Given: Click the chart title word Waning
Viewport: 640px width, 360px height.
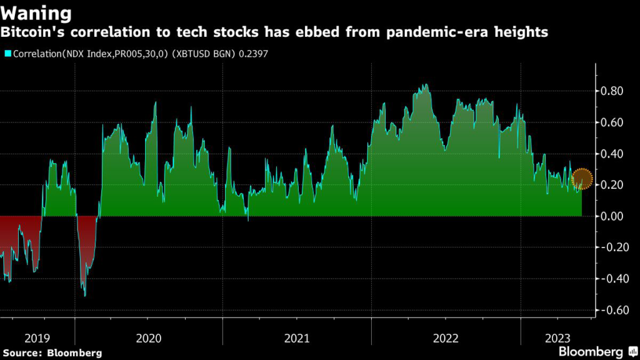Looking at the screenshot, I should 36,12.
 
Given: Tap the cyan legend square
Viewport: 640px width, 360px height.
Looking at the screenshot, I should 7,54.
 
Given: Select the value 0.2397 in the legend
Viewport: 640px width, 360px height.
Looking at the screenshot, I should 254,54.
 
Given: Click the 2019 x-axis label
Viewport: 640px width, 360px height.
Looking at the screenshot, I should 37,338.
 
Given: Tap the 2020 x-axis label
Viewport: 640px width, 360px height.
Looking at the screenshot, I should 148,338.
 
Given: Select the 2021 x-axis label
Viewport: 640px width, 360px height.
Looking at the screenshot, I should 297,338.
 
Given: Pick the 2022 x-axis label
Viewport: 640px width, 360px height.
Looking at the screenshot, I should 445,338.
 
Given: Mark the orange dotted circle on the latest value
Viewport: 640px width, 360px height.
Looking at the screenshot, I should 582,179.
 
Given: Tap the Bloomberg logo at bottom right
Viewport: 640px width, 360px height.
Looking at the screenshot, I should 596,351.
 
